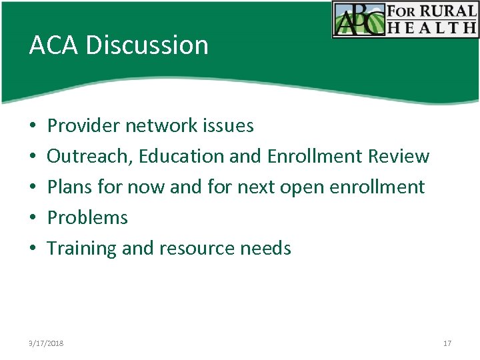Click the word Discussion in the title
pos(147,45)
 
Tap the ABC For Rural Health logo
pos(405,19)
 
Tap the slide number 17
pos(447,343)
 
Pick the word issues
pos(233,125)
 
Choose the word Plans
pos(70,187)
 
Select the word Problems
pos(87,218)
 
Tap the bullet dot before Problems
pos(32,218)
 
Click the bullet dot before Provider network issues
pos(32,126)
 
